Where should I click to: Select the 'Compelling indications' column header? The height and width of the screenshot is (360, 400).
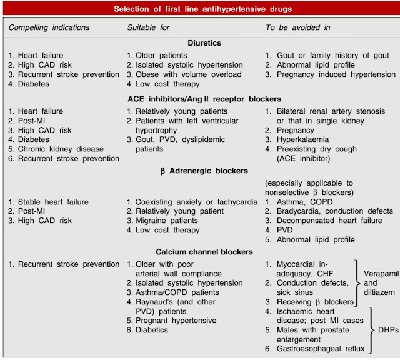tap(49, 27)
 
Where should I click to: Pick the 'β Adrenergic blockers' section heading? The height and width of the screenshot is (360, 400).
tap(199, 171)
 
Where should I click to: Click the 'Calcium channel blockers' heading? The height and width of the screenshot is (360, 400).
tap(199, 252)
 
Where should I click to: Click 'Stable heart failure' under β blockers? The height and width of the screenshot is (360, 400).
tap(52, 202)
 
